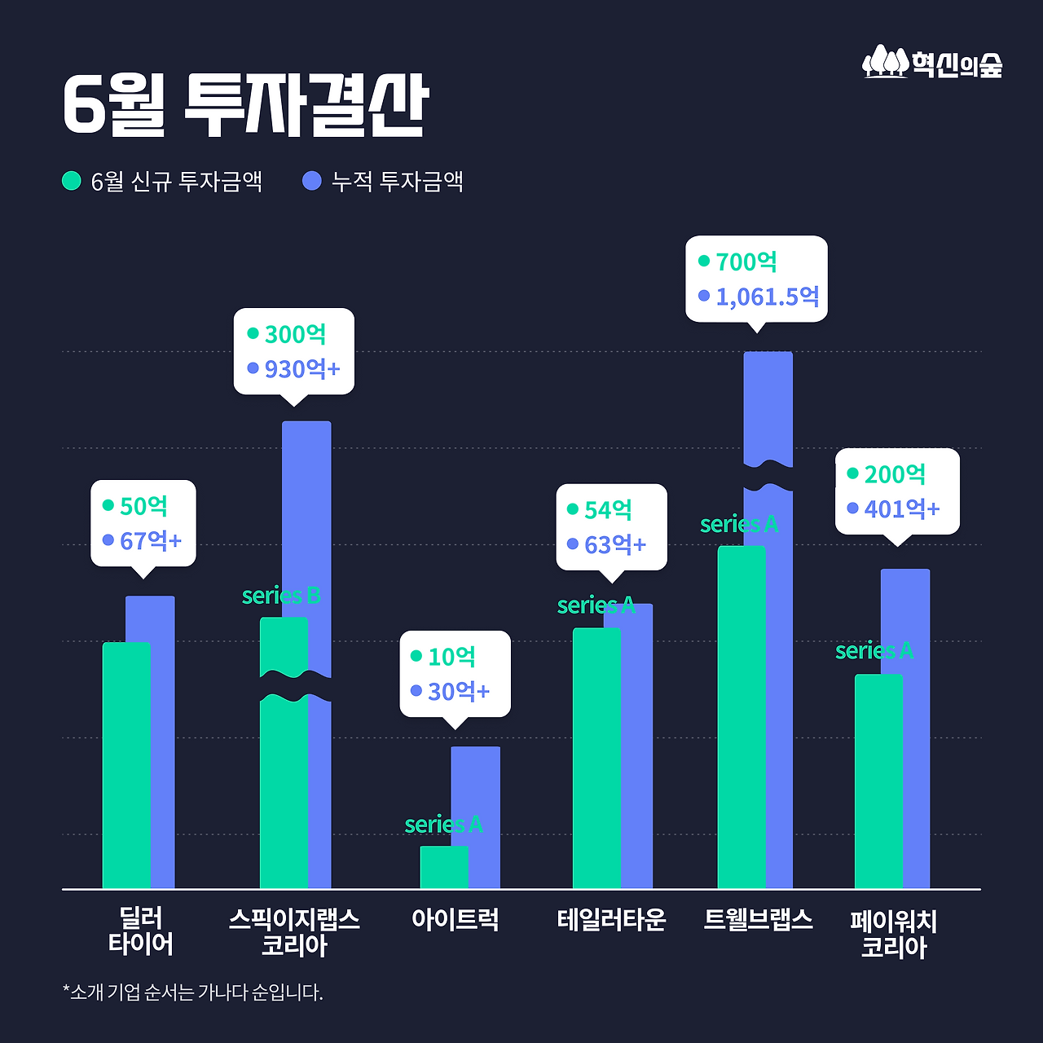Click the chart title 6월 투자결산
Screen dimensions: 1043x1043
[245, 105]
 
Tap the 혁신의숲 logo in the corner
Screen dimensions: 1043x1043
[932, 63]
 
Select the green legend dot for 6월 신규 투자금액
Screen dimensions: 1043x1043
[72, 180]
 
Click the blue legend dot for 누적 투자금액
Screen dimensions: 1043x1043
[311, 180]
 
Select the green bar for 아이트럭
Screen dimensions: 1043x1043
[443, 867]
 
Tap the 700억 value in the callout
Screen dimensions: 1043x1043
[746, 262]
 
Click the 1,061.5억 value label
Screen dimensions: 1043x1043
[767, 297]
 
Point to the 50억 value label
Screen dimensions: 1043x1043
[143, 506]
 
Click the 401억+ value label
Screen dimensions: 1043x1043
[902, 509]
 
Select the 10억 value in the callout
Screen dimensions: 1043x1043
[451, 657]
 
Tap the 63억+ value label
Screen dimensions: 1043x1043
[615, 544]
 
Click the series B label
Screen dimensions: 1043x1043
[281, 596]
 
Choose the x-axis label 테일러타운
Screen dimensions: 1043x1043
[611, 920]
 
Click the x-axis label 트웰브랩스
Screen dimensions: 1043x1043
[758, 920]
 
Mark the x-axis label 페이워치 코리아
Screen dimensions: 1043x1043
[893, 934]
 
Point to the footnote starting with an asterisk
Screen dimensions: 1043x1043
[193, 992]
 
